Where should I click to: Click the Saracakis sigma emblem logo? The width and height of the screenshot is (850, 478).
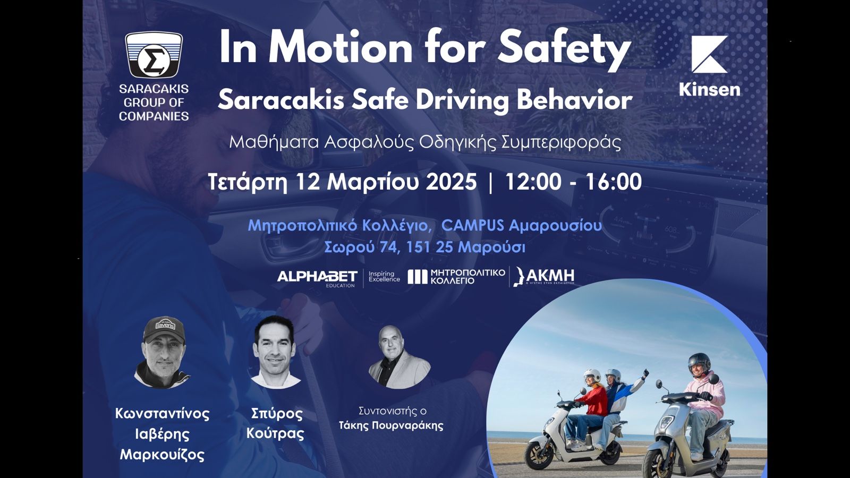pos(154,55)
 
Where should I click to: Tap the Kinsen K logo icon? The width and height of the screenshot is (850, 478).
pos(709,54)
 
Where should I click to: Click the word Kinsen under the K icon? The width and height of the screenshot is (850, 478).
pos(709,89)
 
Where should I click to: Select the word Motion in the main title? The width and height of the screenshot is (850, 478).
pos(340,48)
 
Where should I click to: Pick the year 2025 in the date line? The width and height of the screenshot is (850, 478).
pos(451,182)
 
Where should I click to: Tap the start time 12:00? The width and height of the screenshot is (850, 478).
pos(532,182)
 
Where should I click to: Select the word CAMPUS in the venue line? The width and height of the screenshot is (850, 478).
pos(472,225)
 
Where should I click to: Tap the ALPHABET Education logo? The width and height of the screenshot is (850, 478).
pos(317,277)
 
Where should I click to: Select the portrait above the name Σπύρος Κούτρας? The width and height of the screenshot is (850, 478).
pos(275,352)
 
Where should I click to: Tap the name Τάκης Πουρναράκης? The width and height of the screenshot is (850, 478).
pos(391,425)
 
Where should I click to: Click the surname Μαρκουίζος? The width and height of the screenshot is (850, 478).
pos(162,455)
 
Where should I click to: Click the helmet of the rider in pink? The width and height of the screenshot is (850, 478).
pos(699,364)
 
